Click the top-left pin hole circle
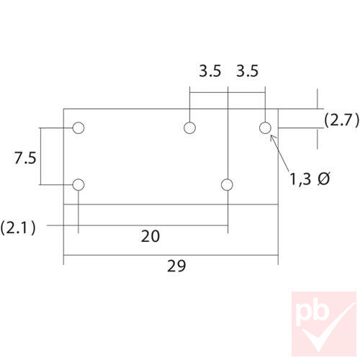(78, 129)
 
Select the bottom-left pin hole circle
(78, 185)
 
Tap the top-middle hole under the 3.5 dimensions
(190, 129)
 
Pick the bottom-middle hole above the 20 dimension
(228, 185)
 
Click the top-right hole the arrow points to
(265, 129)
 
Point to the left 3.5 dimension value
(210, 71)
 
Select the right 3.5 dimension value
(247, 71)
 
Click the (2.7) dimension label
(340, 120)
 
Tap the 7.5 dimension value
(24, 158)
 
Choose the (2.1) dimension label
(18, 228)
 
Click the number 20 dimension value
(150, 235)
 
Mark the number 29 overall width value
(176, 266)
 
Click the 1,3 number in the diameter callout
(302, 179)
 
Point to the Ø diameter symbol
(324, 179)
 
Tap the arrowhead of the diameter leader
(272, 138)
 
